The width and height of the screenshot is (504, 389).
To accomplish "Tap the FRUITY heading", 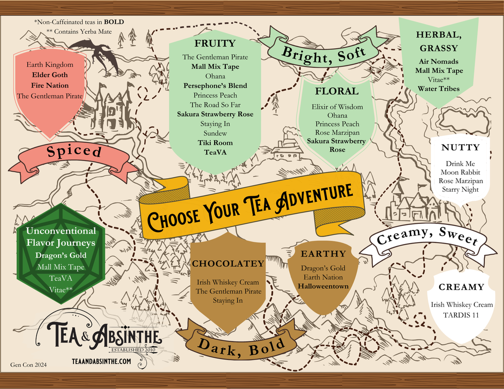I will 215,43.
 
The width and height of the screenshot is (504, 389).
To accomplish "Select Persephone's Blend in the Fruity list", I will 215,86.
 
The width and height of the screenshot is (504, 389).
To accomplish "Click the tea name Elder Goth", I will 45,74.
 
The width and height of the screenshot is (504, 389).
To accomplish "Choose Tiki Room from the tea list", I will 215,143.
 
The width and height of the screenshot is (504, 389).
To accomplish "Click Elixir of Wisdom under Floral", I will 337,106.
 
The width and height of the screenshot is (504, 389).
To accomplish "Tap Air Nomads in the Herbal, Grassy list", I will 437,61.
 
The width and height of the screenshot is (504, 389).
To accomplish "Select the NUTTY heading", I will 460,148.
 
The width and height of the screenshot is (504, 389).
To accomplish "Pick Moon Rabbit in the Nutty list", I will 460,172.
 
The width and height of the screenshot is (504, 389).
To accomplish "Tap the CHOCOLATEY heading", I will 228,263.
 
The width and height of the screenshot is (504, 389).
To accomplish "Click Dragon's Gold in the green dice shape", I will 61,255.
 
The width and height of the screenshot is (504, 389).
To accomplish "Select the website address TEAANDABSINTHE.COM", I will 102,361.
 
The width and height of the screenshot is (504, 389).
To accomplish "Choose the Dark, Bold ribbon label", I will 241,345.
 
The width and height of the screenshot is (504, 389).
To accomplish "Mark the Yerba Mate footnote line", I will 79,32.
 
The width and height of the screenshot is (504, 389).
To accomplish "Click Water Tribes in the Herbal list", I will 438,89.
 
